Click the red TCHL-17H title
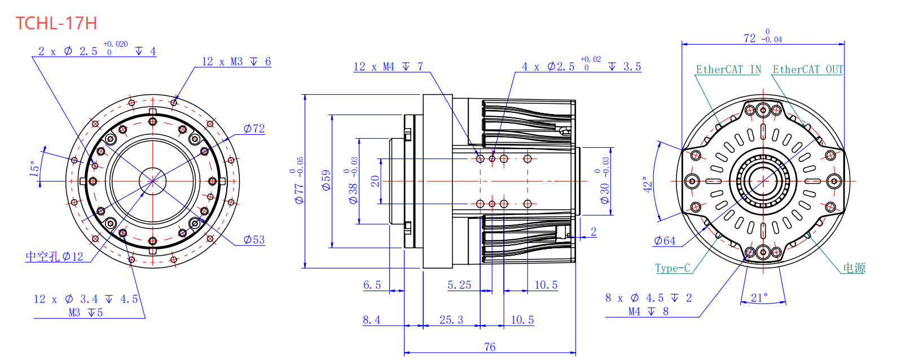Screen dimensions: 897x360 [x=56, y=23]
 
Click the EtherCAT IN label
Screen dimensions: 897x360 [x=728, y=69]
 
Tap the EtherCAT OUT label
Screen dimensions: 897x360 [x=808, y=69]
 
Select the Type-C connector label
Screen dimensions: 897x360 [x=672, y=268]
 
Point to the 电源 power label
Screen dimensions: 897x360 [x=854, y=268]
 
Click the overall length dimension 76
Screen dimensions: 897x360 [x=490, y=347]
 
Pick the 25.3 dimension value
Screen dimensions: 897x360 [x=451, y=320]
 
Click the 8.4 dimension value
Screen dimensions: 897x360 [x=372, y=320]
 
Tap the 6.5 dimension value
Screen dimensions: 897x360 [x=372, y=285]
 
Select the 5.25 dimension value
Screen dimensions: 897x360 [x=459, y=285]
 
